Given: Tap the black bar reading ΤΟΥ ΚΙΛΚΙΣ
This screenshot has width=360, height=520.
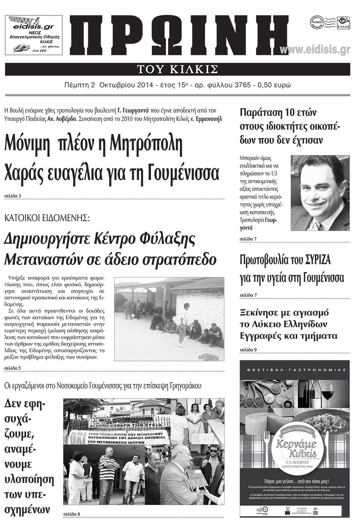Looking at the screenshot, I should point(178,69).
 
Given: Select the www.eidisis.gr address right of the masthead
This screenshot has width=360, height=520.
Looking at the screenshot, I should point(315,50).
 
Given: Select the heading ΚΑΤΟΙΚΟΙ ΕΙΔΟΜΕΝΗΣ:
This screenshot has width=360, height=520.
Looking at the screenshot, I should point(47,218).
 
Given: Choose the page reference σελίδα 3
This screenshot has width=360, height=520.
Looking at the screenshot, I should point(13,196).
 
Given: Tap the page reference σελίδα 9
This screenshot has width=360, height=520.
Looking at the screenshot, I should point(248,349).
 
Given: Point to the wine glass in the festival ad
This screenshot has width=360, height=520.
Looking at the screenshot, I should point(327,392).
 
